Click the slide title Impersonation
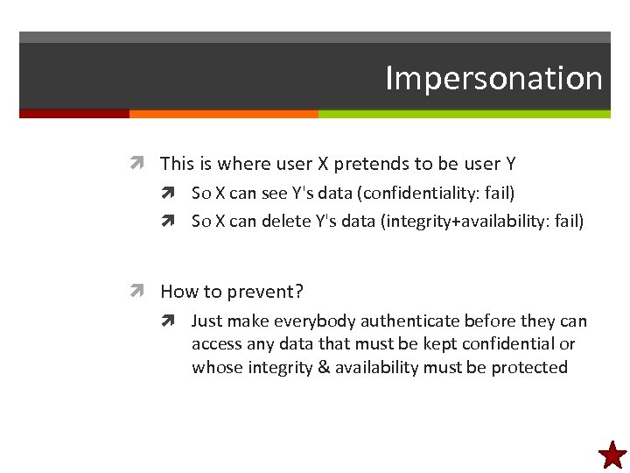[x=493, y=78]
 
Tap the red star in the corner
[x=612, y=455]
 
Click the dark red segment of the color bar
[x=74, y=114]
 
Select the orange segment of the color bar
[x=223, y=114]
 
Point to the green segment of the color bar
[x=464, y=114]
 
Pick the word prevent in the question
[x=256, y=293]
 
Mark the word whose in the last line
[x=214, y=368]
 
